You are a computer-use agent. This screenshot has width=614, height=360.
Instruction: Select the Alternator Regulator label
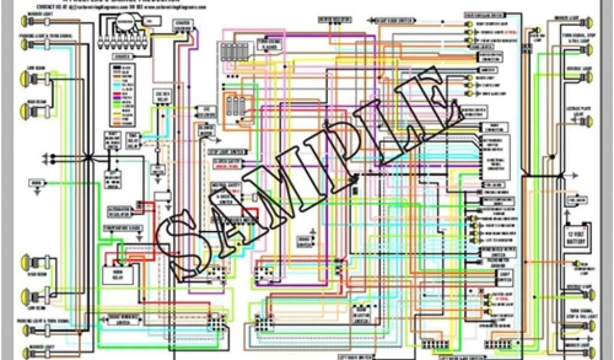point(119,210)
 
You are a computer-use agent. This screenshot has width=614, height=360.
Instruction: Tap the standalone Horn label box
point(37,181)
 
